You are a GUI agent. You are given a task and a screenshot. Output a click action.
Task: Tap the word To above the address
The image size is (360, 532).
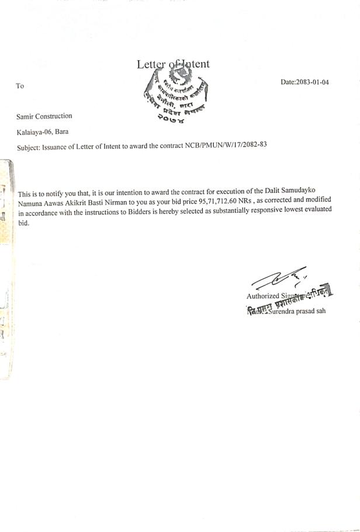pyautogui.click(x=20, y=86)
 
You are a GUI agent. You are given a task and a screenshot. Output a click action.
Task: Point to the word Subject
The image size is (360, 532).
pyautogui.click(x=29, y=147)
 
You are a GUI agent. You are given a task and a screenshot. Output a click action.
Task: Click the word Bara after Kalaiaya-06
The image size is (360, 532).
pyautogui.click(x=61, y=132)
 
